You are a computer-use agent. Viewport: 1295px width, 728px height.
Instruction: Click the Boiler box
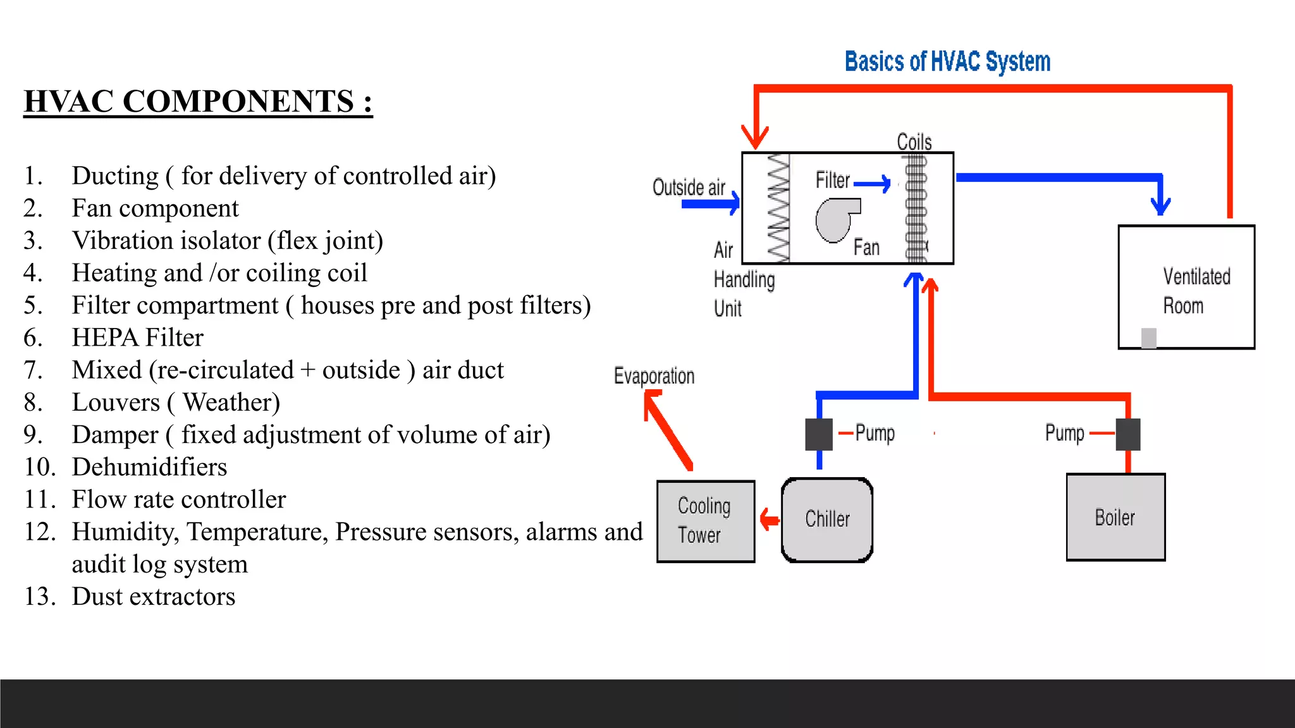click(x=1115, y=517)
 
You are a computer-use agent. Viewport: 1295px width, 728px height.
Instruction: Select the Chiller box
click(x=827, y=519)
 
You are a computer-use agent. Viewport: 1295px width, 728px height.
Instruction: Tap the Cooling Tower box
click(x=706, y=521)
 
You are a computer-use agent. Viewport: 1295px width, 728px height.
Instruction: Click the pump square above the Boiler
click(x=1128, y=434)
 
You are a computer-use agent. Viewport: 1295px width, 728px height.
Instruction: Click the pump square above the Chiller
click(x=819, y=434)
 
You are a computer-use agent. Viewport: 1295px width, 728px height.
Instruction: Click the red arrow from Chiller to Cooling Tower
click(x=769, y=520)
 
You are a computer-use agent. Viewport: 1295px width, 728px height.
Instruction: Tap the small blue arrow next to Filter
click(x=873, y=184)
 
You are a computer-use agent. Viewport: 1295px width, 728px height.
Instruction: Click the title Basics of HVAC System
click(x=947, y=62)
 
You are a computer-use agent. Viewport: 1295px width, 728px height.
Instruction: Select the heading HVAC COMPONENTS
click(x=198, y=102)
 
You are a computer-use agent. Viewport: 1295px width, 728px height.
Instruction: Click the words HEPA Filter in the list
click(x=137, y=337)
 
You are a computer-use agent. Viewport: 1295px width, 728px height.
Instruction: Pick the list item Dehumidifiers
click(x=149, y=467)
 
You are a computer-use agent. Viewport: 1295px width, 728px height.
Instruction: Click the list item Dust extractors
click(x=153, y=597)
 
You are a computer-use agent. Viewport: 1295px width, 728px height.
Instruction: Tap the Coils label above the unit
click(x=914, y=142)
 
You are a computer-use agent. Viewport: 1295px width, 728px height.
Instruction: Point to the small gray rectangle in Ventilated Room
click(x=1148, y=338)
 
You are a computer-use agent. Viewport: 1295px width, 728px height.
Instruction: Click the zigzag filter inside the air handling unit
click(x=778, y=208)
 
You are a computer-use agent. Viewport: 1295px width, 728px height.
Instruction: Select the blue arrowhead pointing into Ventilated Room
click(x=1160, y=205)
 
